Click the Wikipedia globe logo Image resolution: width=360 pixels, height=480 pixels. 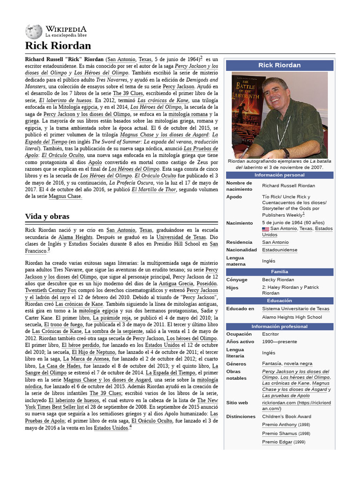click(34, 31)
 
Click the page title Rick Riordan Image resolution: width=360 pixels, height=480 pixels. click(58, 45)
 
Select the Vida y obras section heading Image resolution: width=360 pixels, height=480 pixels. click(47, 216)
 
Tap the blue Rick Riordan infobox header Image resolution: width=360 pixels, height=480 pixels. click(279, 65)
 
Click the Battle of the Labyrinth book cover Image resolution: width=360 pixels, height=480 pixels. click(248, 115)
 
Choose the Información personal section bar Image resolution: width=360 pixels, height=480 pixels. click(279, 175)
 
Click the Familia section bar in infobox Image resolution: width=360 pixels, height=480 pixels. click(279, 272)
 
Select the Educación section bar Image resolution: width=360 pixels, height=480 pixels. click(279, 300)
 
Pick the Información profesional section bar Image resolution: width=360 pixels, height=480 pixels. click(279, 326)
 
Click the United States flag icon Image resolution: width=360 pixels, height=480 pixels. click(265, 229)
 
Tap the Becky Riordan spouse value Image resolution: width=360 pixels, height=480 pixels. click(278, 280)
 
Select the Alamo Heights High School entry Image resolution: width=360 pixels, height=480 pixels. click(292, 317)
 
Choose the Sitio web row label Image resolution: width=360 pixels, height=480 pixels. click(237, 403)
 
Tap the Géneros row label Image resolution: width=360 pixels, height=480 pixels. click(237, 363)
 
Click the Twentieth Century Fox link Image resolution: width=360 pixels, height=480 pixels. click(53, 291)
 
